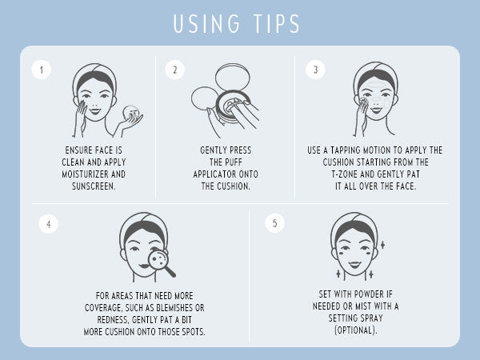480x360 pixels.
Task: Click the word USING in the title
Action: [207, 23]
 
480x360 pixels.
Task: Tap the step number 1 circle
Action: [42, 70]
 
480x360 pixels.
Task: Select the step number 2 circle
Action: [174, 70]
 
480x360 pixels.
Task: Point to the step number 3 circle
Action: [316, 70]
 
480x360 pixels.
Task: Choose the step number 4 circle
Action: [48, 224]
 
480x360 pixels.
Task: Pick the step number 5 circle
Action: [274, 223]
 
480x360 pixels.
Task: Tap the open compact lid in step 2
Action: [233, 77]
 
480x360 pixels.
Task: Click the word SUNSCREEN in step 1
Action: [93, 186]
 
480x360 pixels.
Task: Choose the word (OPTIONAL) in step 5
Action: [355, 330]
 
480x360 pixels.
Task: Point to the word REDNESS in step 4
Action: [113, 320]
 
